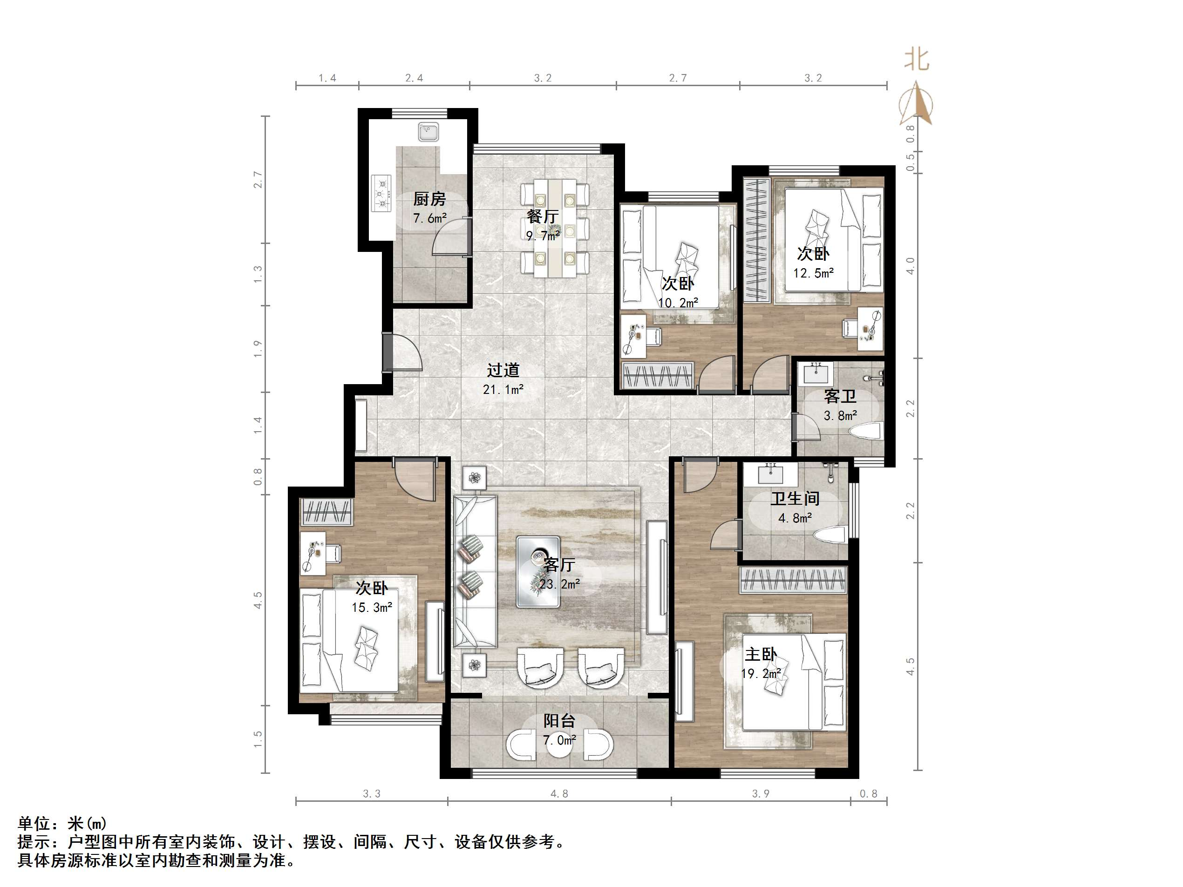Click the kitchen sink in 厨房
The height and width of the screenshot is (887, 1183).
coord(428,131)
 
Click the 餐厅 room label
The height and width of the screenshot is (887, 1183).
coord(542,216)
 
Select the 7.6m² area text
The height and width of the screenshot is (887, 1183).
coord(429,218)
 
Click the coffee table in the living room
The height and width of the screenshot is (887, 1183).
coord(538,572)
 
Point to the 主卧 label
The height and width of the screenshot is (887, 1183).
coord(761,654)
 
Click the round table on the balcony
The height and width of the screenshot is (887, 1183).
coord(559,745)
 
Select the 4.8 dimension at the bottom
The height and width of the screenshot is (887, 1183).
coord(559,794)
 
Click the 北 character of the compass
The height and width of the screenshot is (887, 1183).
coord(917,59)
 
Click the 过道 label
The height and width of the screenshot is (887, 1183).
coord(503,370)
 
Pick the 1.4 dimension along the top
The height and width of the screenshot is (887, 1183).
coord(327,78)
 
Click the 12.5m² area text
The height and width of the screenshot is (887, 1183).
coord(813,273)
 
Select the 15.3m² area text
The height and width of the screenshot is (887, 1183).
coord(372,607)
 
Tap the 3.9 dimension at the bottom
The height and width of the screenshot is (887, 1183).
coord(761,794)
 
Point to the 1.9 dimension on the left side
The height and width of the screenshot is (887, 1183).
coord(258,349)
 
